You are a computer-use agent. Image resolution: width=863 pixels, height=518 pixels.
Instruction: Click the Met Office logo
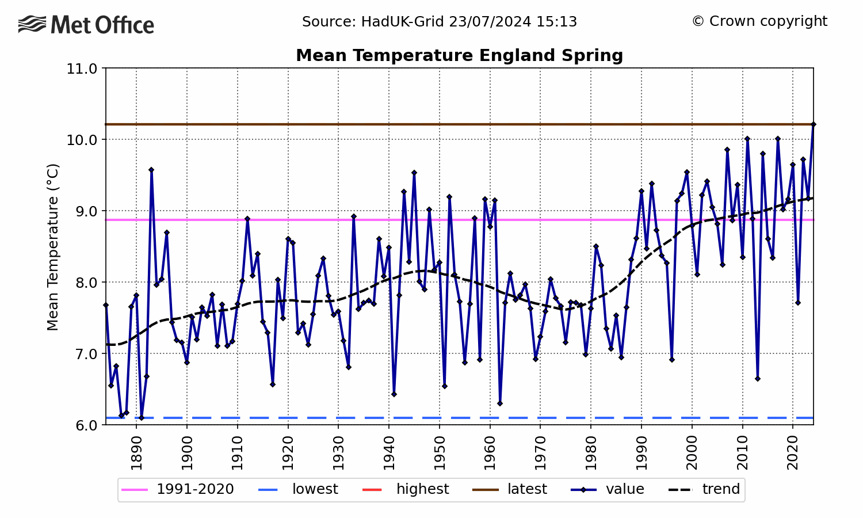(x=86, y=25)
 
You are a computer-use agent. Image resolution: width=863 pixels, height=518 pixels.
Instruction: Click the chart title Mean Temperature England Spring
(x=459, y=55)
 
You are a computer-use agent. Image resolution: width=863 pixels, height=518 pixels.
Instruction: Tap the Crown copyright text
(x=759, y=21)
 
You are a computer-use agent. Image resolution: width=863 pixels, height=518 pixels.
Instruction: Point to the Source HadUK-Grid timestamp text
(x=440, y=22)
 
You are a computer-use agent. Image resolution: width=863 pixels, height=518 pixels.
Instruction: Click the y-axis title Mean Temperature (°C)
(x=52, y=247)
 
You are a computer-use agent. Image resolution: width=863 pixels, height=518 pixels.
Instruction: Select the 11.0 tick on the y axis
(x=82, y=68)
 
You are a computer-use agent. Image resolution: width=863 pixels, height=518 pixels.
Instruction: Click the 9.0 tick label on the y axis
(x=82, y=211)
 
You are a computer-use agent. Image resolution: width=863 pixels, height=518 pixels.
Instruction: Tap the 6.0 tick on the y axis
(x=82, y=425)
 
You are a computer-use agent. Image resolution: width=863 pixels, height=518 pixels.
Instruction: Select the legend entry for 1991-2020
(x=178, y=489)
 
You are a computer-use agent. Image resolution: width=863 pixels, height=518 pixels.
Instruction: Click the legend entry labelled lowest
(x=298, y=489)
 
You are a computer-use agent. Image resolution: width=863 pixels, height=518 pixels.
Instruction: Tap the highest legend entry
(x=406, y=489)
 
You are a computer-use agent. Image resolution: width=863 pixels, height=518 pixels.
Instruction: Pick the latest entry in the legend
(x=510, y=489)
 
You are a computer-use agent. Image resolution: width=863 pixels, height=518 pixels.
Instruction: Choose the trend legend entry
(x=704, y=489)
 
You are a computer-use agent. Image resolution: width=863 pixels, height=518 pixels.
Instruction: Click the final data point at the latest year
(x=814, y=124)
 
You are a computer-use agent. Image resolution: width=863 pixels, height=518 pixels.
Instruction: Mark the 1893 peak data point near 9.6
(x=151, y=170)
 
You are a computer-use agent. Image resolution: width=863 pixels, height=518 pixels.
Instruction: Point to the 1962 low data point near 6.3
(x=500, y=403)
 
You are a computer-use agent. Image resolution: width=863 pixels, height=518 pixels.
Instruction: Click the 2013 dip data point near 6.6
(x=758, y=379)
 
